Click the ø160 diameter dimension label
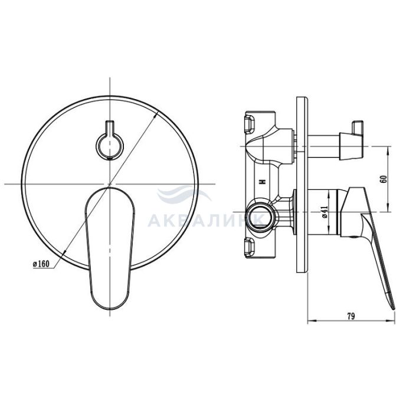tap(41, 264)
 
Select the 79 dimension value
tap(350, 316)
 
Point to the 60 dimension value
tap(384, 179)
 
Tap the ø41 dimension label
tap(324, 212)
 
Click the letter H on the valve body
tap(262, 182)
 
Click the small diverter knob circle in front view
tap(110, 146)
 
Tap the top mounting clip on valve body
tap(250, 123)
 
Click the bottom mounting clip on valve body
tap(250, 248)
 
